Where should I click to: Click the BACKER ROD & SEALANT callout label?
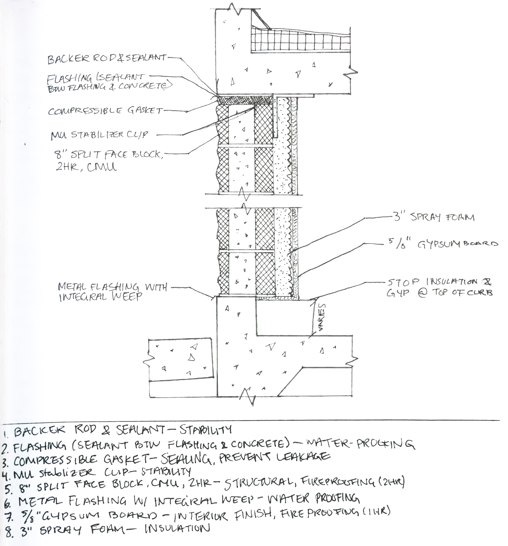(106, 59)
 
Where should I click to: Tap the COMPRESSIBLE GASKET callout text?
(105, 111)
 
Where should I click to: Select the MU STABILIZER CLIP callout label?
(99, 135)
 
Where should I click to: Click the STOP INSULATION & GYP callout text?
(439, 287)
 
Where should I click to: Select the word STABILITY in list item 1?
(205, 429)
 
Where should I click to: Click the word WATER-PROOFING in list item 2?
(359, 443)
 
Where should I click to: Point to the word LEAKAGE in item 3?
(303, 456)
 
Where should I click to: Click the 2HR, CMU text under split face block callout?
(86, 167)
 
